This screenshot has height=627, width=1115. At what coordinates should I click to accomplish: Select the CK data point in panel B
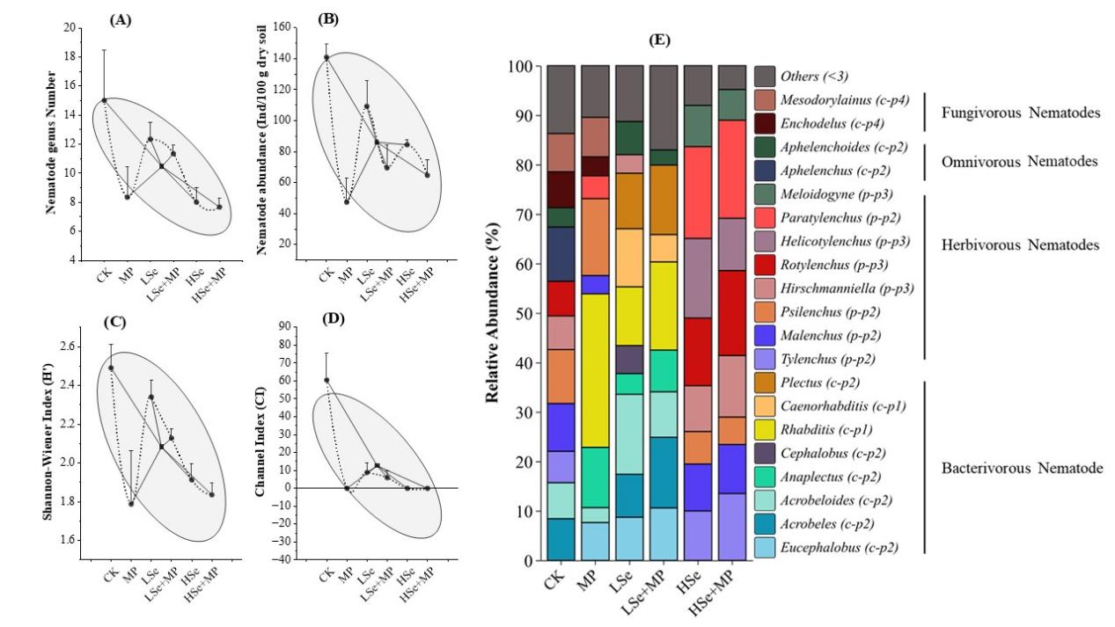pyautogui.click(x=326, y=58)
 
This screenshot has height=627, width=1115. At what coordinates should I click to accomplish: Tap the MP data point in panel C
pyautogui.click(x=132, y=504)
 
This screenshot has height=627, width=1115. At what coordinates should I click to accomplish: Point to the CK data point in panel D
pyautogui.click(x=326, y=381)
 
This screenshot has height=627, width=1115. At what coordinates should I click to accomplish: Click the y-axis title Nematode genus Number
pyautogui.click(x=53, y=142)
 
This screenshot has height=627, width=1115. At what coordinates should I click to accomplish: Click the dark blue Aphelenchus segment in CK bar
pyautogui.click(x=560, y=254)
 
